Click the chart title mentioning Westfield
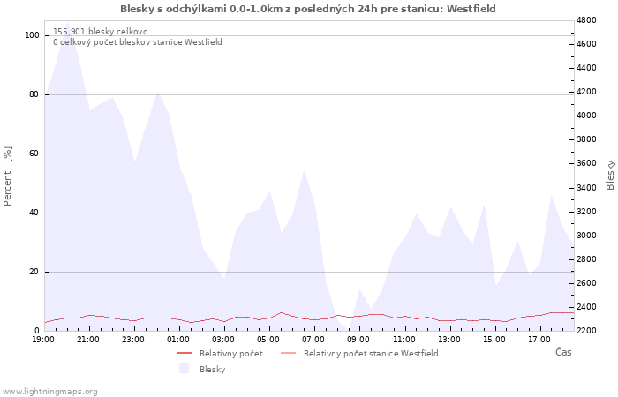(308, 9)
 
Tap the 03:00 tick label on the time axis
(223, 340)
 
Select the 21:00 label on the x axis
(88, 340)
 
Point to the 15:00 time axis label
(494, 340)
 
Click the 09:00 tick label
(358, 340)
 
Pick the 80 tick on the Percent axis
(34, 94)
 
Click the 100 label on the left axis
(32, 35)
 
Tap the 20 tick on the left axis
(34, 272)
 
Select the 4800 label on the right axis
(587, 20)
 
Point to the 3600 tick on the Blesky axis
(587, 163)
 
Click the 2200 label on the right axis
(587, 331)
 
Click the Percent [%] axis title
(7, 176)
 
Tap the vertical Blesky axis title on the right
(610, 175)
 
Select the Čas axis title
(563, 352)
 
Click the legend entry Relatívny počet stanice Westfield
(371, 354)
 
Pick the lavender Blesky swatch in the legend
(184, 369)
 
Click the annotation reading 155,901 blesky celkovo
(101, 32)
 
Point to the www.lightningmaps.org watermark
(49, 392)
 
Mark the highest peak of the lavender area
(67, 22)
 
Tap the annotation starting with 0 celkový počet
(138, 42)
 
